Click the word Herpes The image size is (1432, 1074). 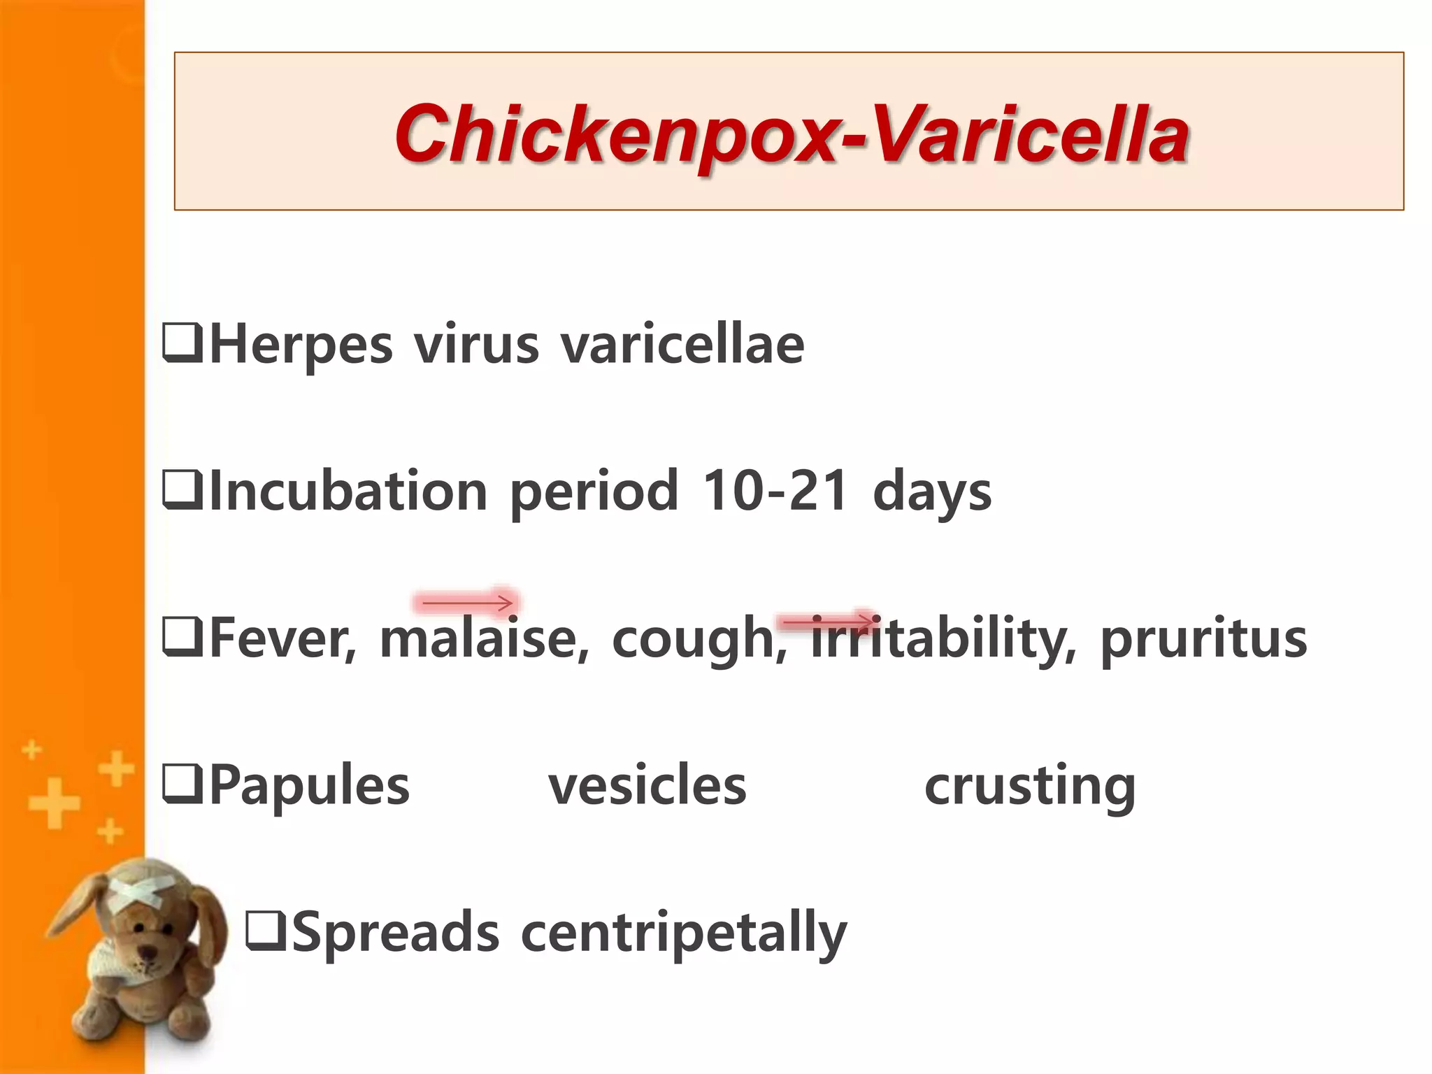301,344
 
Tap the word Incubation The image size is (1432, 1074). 348,491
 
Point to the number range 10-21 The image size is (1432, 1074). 775,491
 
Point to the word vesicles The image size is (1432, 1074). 647,785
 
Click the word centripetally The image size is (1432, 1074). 684,933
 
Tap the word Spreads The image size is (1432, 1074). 396,931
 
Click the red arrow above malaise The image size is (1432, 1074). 467,602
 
